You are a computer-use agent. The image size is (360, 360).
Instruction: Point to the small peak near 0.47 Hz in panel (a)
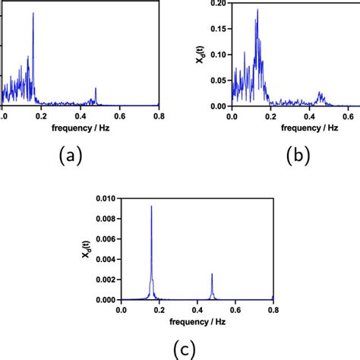[x=96, y=89]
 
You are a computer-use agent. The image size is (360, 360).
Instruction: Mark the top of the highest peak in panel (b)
[x=257, y=10]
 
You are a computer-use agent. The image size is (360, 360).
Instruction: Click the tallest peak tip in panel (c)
[x=151, y=206]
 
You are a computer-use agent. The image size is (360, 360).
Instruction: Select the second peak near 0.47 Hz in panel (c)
[x=212, y=273]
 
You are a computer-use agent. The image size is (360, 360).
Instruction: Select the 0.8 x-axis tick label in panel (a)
[x=158, y=115]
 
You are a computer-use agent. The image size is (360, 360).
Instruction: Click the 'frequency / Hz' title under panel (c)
[x=197, y=322]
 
